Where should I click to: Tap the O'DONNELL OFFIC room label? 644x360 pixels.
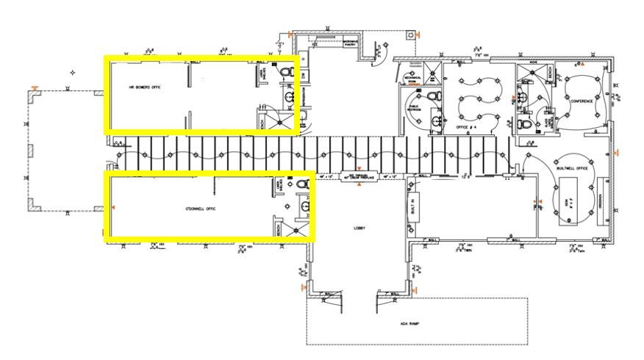pyautogui.click(x=200, y=210)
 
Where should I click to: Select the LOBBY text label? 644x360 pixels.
pyautogui.click(x=359, y=228)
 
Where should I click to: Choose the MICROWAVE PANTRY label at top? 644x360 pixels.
pyautogui.click(x=349, y=43)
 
